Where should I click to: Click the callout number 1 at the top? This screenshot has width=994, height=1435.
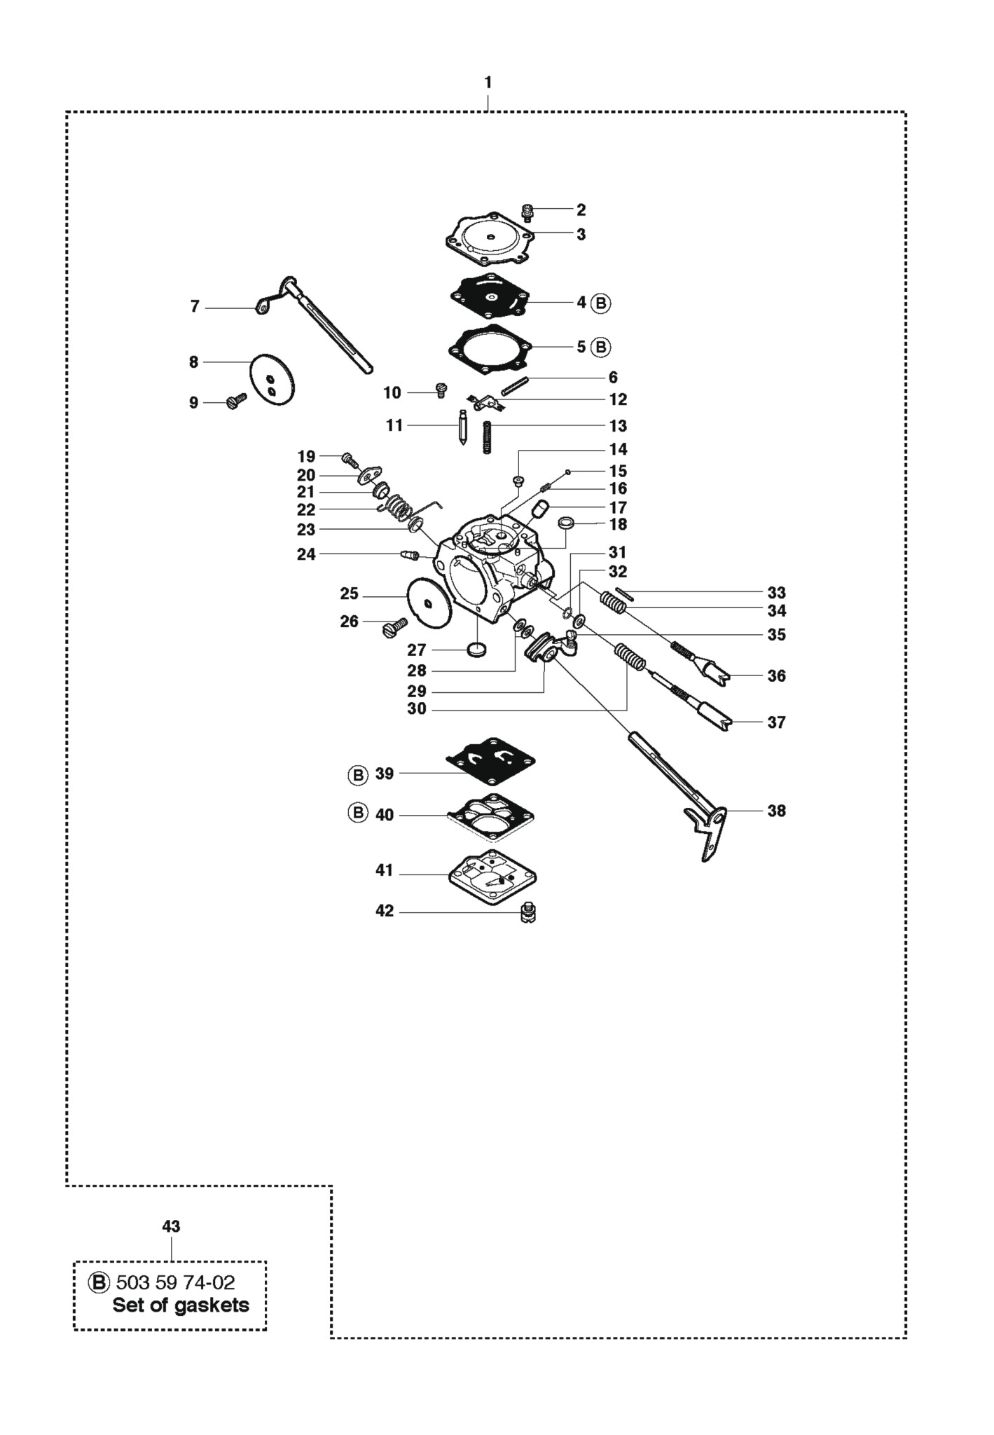[x=488, y=83]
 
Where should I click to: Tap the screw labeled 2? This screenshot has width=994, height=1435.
[x=529, y=212]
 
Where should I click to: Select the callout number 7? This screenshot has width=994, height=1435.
[x=195, y=306]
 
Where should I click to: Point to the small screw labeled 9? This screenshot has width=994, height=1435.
[x=237, y=401]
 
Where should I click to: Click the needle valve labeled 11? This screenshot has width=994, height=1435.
[x=463, y=427]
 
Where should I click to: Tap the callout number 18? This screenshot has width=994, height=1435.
[x=618, y=524]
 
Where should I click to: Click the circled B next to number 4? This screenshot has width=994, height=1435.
[x=601, y=303]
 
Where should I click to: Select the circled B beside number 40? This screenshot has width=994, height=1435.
[x=358, y=814]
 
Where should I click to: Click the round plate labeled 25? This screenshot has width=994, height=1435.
[x=428, y=598]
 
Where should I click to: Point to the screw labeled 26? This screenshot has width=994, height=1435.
[x=395, y=626]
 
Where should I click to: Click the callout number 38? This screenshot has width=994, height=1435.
[x=776, y=811]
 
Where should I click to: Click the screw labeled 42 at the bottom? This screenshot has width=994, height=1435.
[x=529, y=913]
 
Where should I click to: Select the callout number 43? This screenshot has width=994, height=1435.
[x=171, y=1226]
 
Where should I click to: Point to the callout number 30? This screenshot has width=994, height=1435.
[x=417, y=709]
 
